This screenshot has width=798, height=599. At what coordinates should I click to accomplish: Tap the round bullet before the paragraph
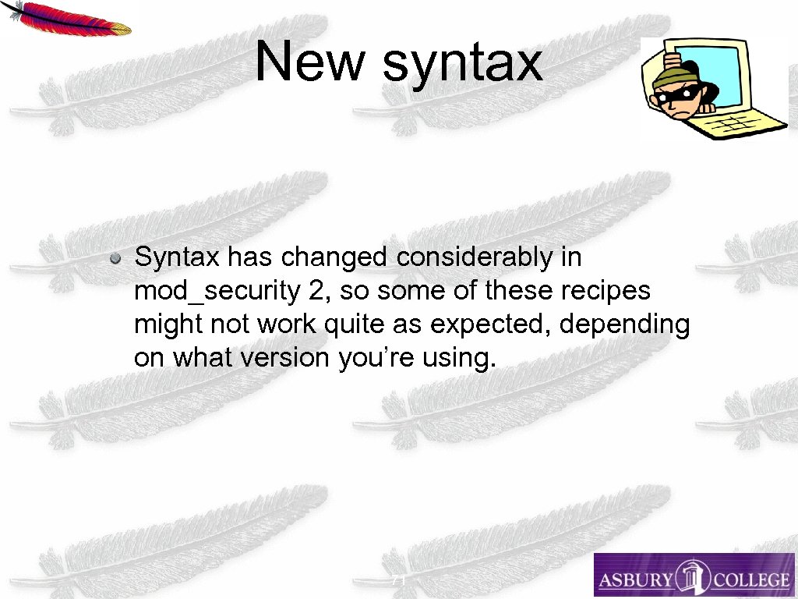coord(115,257)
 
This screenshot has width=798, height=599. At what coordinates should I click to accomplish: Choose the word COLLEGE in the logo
coord(750,580)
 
